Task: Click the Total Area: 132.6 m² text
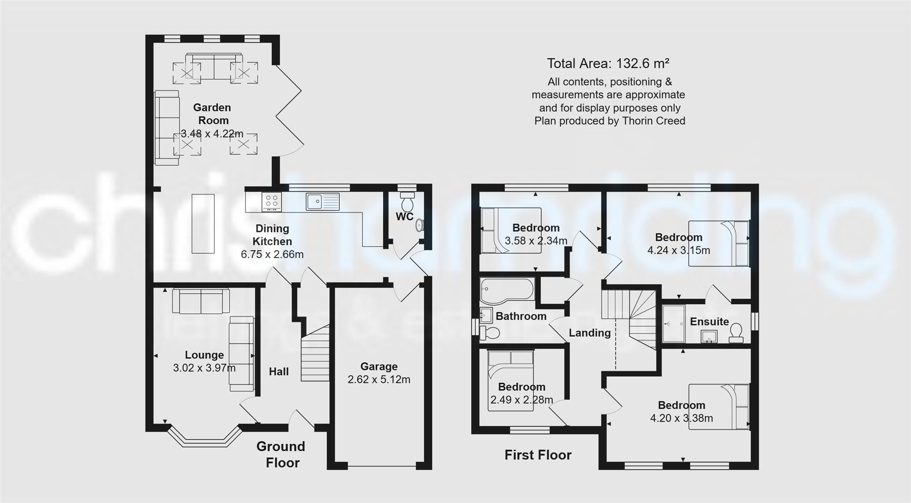pyautogui.click(x=608, y=64)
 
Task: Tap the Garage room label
pyautogui.click(x=379, y=366)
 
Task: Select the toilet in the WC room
pyautogui.click(x=407, y=202)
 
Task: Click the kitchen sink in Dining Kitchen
pyautogui.click(x=323, y=202)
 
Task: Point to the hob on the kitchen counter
pyautogui.click(x=272, y=202)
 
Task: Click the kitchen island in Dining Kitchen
pyautogui.click(x=203, y=224)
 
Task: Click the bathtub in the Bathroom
pyautogui.click(x=507, y=290)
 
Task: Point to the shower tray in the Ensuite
pyautogui.click(x=673, y=323)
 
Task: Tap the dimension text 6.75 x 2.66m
pyautogui.click(x=272, y=254)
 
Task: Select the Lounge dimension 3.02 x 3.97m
pyautogui.click(x=204, y=368)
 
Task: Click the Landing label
pyautogui.click(x=590, y=333)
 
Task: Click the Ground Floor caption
pyautogui.click(x=281, y=454)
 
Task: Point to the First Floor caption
pyautogui.click(x=538, y=455)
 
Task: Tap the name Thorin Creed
pyautogui.click(x=657, y=121)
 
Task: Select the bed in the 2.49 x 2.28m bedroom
pyautogui.click(x=511, y=380)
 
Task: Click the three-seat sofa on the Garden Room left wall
pyautogui.click(x=167, y=128)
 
